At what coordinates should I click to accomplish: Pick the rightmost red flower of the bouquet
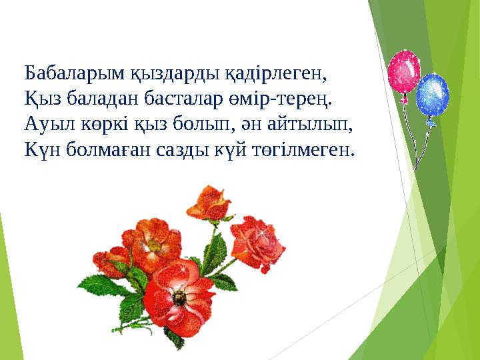257,238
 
